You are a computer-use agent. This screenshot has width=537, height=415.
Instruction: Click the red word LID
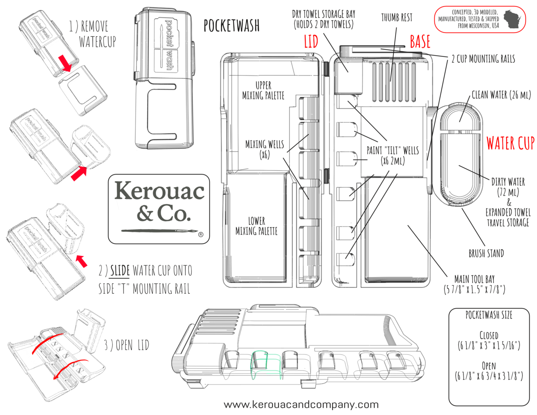[311, 41]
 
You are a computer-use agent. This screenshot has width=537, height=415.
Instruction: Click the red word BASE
[420, 41]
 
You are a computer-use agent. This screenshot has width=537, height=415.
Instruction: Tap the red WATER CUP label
[511, 143]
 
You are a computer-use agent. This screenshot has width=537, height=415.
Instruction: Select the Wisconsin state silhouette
[512, 19]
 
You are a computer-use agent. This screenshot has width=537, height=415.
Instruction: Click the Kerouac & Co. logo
[159, 209]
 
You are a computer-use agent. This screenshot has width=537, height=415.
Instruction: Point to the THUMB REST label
[396, 17]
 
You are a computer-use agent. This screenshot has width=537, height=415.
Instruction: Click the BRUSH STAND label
[486, 253]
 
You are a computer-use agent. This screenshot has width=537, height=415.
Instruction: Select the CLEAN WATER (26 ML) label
[501, 94]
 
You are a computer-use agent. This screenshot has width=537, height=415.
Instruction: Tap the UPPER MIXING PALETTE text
[263, 90]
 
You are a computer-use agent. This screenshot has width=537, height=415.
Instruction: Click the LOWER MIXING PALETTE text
[256, 226]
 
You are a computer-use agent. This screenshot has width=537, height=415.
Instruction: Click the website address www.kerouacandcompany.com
[301, 405]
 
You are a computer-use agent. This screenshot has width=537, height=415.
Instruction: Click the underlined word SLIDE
[120, 270]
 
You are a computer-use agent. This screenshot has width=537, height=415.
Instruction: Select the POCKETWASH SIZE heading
[489, 315]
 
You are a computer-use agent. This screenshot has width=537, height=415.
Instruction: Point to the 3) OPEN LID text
[127, 345]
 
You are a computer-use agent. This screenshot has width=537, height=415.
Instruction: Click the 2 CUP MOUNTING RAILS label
[483, 59]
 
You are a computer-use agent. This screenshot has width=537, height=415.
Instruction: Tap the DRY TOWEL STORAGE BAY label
[324, 19]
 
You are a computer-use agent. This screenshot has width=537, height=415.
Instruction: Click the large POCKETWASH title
[231, 26]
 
